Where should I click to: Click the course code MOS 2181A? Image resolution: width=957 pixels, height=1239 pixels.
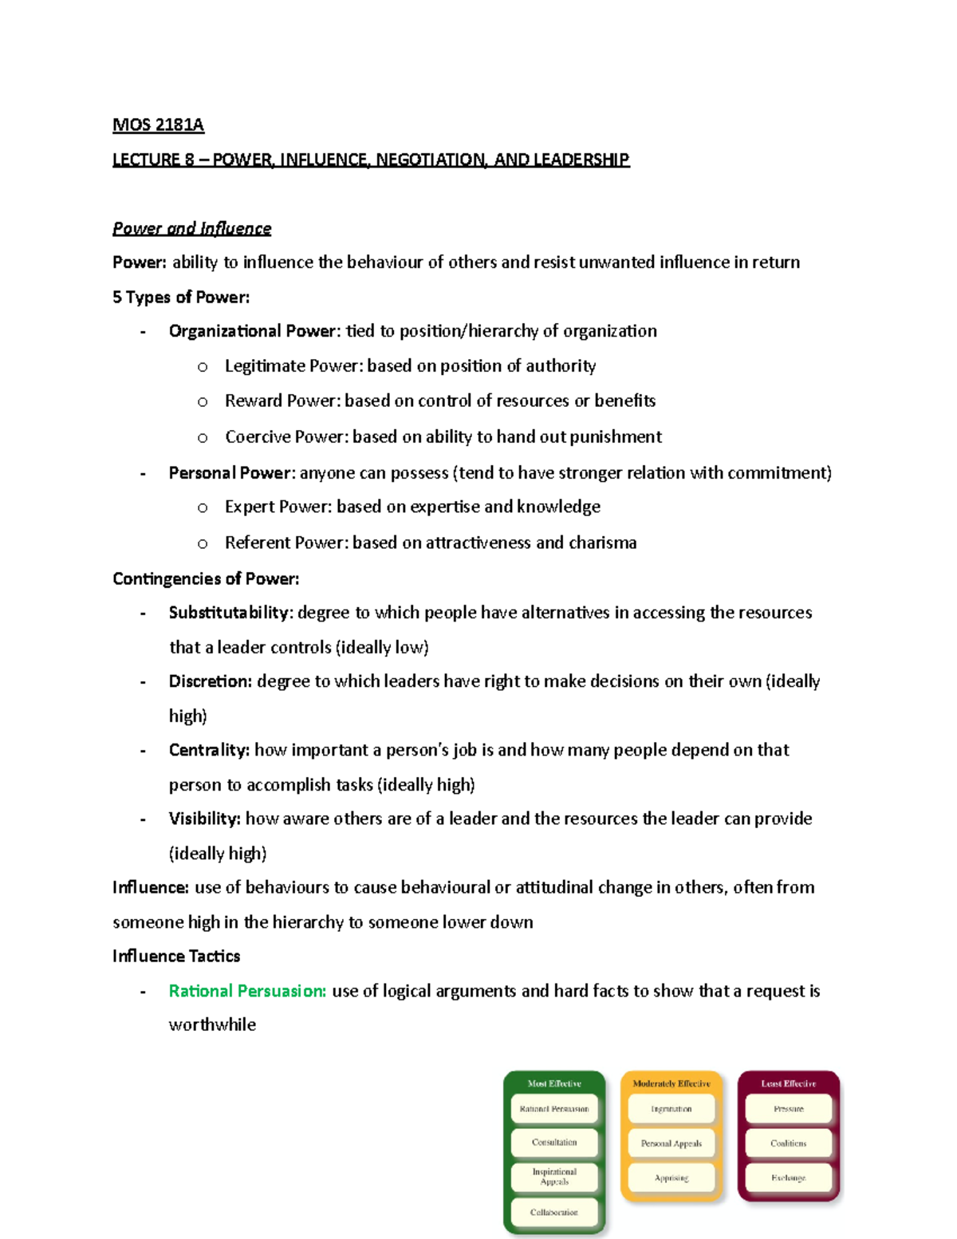(158, 125)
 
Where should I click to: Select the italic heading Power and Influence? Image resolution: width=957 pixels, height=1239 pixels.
(191, 229)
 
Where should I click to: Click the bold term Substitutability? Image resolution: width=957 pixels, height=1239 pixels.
(230, 613)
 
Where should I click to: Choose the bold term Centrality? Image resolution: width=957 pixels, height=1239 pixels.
(208, 750)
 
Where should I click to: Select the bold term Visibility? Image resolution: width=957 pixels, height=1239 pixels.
(203, 819)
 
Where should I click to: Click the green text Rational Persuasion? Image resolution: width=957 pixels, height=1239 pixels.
(246, 991)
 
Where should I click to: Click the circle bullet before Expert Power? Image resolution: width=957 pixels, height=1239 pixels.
(203, 508)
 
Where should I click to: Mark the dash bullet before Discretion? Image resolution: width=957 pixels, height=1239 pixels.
(143, 682)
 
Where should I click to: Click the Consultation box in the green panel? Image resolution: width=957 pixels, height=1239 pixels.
(554, 1142)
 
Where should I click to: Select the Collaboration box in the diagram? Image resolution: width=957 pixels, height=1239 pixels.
(554, 1212)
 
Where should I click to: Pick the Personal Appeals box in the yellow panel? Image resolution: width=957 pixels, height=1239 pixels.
(671, 1143)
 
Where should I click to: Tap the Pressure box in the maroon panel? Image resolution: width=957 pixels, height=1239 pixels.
(788, 1109)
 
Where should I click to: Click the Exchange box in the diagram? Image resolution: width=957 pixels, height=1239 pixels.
(788, 1178)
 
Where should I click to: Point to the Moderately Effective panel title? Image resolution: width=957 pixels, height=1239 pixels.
(671, 1083)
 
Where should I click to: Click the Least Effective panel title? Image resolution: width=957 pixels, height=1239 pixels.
(788, 1083)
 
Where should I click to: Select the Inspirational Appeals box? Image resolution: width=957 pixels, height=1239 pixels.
(554, 1177)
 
